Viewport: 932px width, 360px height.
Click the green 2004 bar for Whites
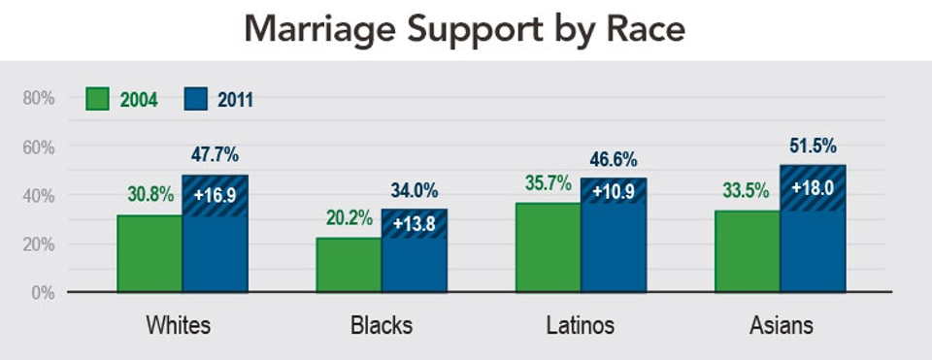(x=150, y=253)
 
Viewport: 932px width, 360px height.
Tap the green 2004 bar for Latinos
(x=548, y=247)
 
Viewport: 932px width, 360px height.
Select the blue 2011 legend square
(x=197, y=99)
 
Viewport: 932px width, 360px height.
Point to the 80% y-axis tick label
(x=38, y=98)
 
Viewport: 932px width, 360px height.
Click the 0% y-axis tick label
(x=42, y=292)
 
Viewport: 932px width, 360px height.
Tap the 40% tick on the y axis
(x=38, y=195)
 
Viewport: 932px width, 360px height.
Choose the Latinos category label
(x=581, y=325)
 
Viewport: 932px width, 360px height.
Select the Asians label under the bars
(x=782, y=325)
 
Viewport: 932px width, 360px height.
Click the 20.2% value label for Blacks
(x=347, y=218)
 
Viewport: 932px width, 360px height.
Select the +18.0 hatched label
(x=814, y=187)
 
